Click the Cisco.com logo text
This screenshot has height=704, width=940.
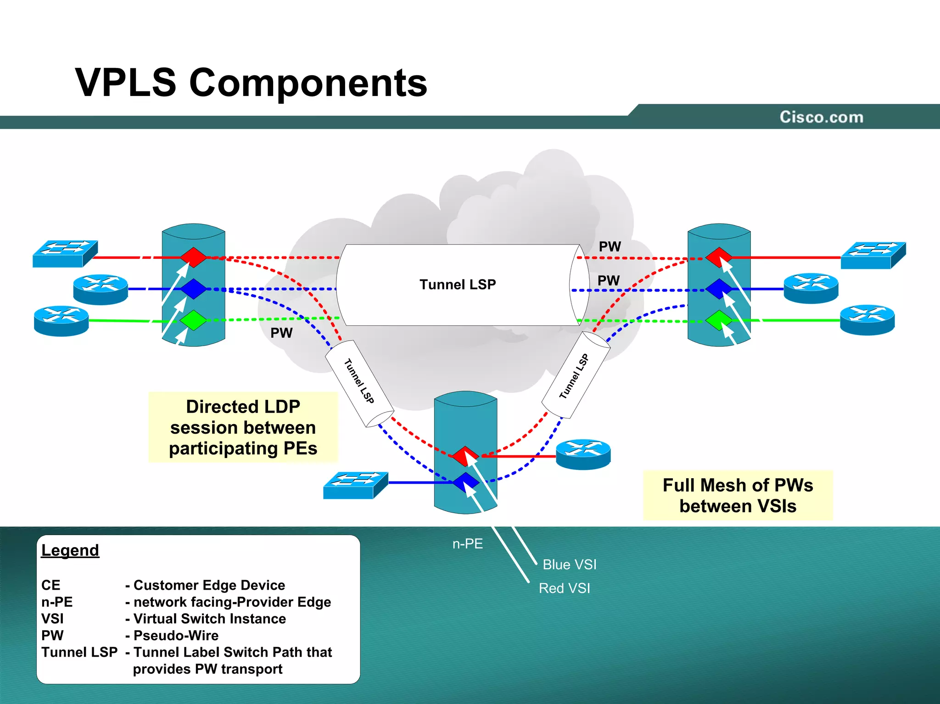pyautogui.click(x=821, y=117)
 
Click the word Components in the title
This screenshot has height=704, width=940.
pyautogui.click(x=308, y=83)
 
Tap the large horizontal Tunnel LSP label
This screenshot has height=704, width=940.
pyautogui.click(x=458, y=285)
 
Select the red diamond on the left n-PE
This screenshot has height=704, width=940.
pyautogui.click(x=193, y=257)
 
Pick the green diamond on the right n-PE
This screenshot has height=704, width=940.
pyautogui.click(x=718, y=320)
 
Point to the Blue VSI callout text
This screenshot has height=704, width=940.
pyautogui.click(x=569, y=564)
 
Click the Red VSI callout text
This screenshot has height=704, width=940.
pyautogui.click(x=564, y=588)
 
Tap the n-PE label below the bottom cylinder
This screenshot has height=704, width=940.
pyautogui.click(x=467, y=544)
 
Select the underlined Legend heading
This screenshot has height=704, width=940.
pyautogui.click(x=70, y=550)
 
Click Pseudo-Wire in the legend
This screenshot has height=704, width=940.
pyautogui.click(x=176, y=636)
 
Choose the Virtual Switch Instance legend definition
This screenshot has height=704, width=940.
pyautogui.click(x=209, y=619)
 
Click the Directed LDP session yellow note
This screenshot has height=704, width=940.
pyautogui.click(x=243, y=427)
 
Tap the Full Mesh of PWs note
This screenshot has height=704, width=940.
pyautogui.click(x=738, y=496)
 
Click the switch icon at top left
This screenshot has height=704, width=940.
pyautogui.click(x=65, y=253)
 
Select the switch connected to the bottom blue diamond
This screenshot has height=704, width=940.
pyautogui.click(x=355, y=485)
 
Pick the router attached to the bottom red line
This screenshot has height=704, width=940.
pyautogui.click(x=583, y=454)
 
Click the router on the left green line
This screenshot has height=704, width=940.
pyautogui.click(x=61, y=320)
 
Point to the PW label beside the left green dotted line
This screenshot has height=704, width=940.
pyautogui.click(x=281, y=333)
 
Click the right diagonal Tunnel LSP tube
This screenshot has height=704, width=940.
pyautogui.click(x=576, y=375)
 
